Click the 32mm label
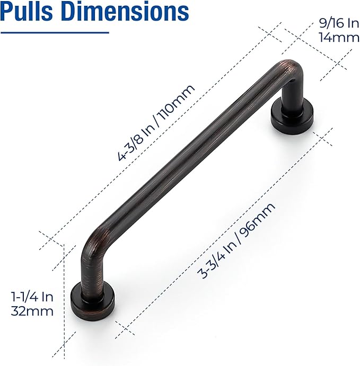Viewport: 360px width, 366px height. [x=32, y=311]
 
